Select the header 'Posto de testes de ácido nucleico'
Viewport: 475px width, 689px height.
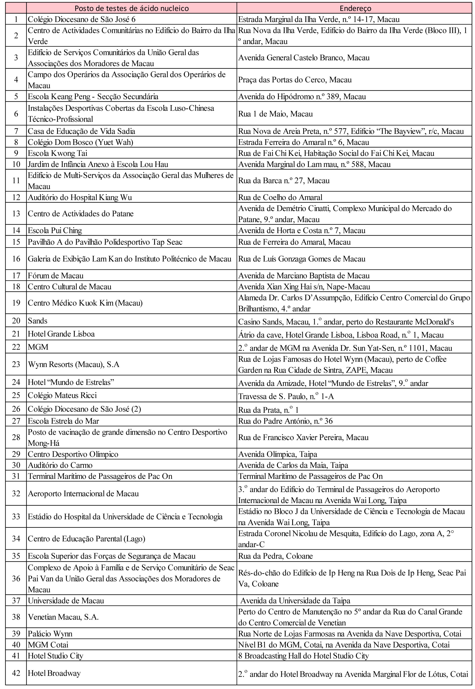pyautogui.click(x=132, y=8)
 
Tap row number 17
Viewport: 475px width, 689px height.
pyautogui.click(x=16, y=275)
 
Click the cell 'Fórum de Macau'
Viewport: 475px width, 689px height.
pyautogui.click(x=56, y=275)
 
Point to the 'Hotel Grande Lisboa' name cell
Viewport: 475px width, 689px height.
pyautogui.click(x=61, y=334)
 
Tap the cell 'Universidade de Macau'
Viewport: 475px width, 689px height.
pyautogui.click(x=66, y=601)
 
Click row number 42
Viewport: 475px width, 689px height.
pyautogui.click(x=16, y=673)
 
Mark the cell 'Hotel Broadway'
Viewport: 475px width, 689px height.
pyautogui.click(x=54, y=673)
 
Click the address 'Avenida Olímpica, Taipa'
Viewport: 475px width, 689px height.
pyautogui.click(x=277, y=454)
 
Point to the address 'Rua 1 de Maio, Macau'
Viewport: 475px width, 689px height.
pyautogui.click(x=275, y=114)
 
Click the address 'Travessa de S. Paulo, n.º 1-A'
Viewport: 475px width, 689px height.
pyautogui.click(x=286, y=396)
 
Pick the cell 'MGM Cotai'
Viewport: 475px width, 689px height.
pyautogui.click(x=48, y=645)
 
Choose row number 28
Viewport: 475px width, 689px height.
pyautogui.click(x=16, y=437)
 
